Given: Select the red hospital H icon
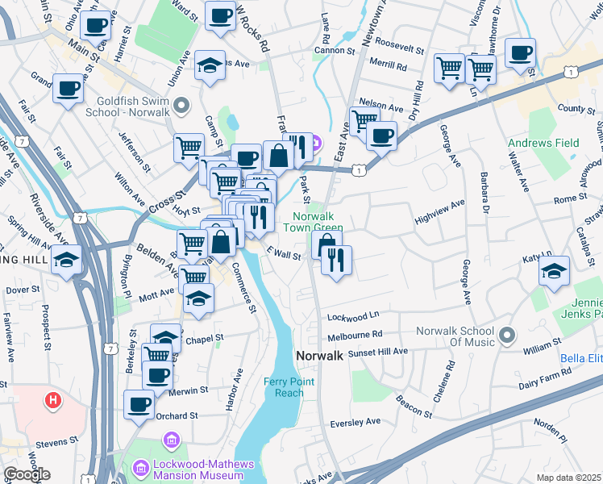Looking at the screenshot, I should pos(53,399).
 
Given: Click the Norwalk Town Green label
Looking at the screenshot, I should pos(317,223).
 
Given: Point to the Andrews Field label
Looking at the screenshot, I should pos(543,143).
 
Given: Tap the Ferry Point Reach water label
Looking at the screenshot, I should pos(285,387).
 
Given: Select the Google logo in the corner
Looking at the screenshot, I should pos(26,474).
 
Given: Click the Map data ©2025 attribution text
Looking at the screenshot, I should pos(568,478).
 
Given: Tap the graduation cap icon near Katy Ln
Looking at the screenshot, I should pos(554,273).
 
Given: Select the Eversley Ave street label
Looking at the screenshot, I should pos(356,422).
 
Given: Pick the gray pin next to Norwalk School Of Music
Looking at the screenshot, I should pos(507,333).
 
